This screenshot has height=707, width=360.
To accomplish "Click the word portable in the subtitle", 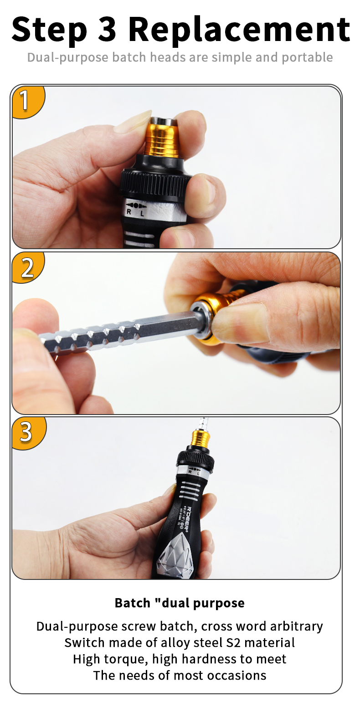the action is coord(307,57).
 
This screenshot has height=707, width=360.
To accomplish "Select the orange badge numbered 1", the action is coord(28,102).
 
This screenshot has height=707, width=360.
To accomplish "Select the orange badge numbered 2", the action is coord(28,267).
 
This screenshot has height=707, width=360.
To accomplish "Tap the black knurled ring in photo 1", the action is coord(155,185).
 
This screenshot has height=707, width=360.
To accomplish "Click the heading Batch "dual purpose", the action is coord(180,603).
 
